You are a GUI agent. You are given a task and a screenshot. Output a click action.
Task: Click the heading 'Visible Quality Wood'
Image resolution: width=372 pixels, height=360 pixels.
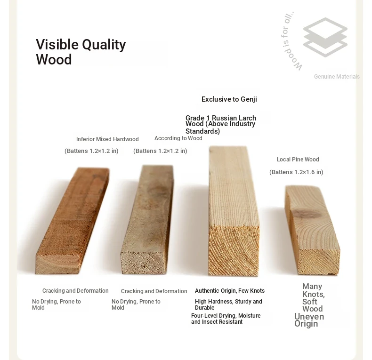coord(81,52)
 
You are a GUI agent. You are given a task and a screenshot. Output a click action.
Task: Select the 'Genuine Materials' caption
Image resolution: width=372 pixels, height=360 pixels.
coord(337,77)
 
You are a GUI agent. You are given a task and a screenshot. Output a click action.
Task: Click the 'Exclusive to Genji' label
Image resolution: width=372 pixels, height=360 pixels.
coord(229,99)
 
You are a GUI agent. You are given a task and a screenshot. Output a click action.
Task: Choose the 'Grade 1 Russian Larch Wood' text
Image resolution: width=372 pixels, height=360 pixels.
coord(221,121)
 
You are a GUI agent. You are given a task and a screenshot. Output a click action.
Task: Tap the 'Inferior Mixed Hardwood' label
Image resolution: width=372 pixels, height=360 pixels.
coord(107,139)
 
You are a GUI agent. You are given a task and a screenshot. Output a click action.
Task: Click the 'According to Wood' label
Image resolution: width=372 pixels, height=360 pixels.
coord(178,138)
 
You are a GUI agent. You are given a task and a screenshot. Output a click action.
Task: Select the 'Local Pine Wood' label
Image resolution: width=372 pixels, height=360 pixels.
coord(298,160)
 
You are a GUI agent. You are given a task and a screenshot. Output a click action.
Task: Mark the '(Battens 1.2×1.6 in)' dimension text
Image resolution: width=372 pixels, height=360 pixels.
coord(296,172)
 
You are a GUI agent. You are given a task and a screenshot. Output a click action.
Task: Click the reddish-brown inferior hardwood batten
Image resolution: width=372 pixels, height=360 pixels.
coord(73,221)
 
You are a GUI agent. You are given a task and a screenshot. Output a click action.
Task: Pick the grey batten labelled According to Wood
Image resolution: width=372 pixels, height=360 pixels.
coord(147,219)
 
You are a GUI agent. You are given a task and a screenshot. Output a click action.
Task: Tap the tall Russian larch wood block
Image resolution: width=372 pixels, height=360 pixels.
coord(234,211)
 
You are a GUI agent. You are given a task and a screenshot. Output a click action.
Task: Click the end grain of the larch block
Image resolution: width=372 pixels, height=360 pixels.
coord(234,251)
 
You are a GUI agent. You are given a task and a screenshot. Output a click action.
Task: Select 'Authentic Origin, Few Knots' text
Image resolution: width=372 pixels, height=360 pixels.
coord(230,291)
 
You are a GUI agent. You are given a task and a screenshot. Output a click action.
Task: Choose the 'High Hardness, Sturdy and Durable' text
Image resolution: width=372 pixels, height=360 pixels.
coord(228,304)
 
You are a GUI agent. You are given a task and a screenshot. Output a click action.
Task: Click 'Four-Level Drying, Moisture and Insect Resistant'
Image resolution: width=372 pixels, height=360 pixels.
coord(226,319)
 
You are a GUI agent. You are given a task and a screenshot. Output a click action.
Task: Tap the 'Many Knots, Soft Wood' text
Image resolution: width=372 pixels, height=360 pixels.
coord(314,297)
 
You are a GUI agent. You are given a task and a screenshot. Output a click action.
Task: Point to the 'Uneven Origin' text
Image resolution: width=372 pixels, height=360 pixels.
coord(309,320)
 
